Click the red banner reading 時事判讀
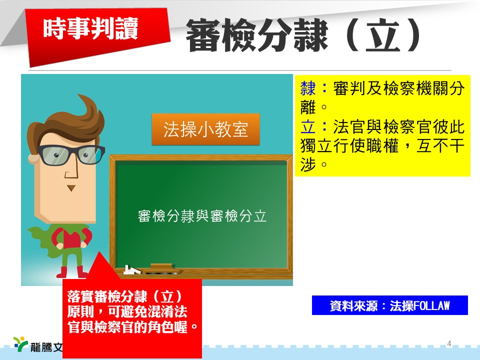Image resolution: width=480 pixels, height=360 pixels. point(98,36)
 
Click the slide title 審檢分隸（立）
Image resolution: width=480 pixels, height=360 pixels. point(303,35)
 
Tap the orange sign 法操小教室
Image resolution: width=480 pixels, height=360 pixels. point(205,129)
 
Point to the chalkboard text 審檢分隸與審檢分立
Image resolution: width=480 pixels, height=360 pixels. point(202,216)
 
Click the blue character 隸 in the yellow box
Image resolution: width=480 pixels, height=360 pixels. point(308,89)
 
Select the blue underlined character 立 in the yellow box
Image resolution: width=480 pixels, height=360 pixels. point(308,126)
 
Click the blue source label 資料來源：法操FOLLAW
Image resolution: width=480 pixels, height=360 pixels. point(389,305)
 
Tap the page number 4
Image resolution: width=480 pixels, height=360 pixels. point(449,343)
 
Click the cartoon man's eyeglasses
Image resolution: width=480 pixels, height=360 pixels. point(71,154)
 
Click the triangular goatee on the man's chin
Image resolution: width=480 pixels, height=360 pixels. point(71,187)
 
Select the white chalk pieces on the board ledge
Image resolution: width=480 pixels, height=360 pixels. point(132,269)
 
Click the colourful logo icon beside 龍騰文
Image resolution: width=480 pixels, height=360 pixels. point(20,343)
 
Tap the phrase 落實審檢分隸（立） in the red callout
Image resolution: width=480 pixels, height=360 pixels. point(125,296)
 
